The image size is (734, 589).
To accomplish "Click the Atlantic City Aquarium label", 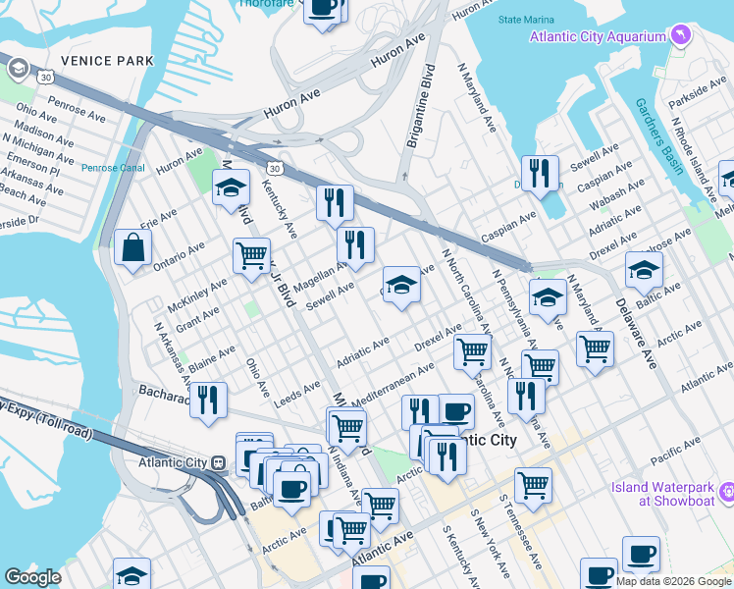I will (598, 36).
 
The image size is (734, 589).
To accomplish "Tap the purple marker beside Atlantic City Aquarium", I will (681, 36).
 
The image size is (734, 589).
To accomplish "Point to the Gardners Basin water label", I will (656, 135).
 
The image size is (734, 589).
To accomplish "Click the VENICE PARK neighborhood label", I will (107, 61).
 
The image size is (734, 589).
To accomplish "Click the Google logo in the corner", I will (32, 577).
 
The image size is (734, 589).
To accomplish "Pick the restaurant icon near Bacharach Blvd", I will (208, 401).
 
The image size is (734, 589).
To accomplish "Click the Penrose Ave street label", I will (76, 109).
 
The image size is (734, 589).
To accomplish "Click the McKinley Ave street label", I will (200, 293).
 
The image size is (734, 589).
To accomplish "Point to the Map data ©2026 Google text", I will (673, 581).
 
